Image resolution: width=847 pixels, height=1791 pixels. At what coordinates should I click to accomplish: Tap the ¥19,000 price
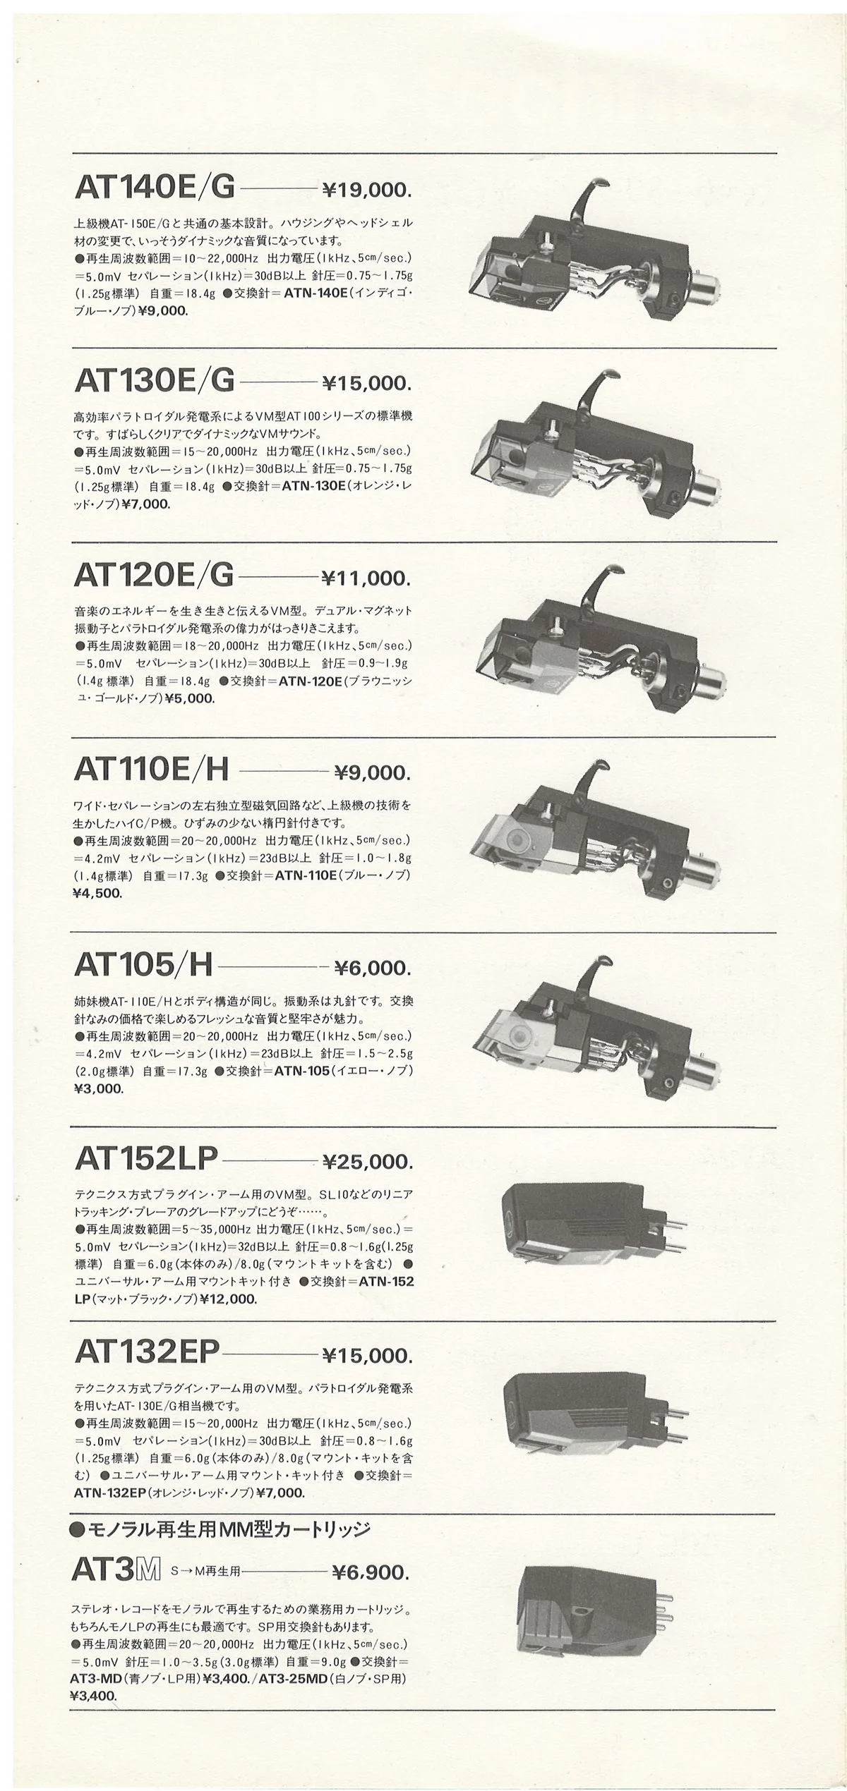click(366, 189)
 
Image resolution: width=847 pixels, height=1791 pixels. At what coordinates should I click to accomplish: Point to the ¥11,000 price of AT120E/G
click(365, 578)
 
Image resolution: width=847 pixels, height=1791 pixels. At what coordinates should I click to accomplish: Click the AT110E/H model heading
click(151, 770)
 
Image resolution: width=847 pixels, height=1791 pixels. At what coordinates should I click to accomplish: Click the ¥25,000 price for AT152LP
click(366, 1160)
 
